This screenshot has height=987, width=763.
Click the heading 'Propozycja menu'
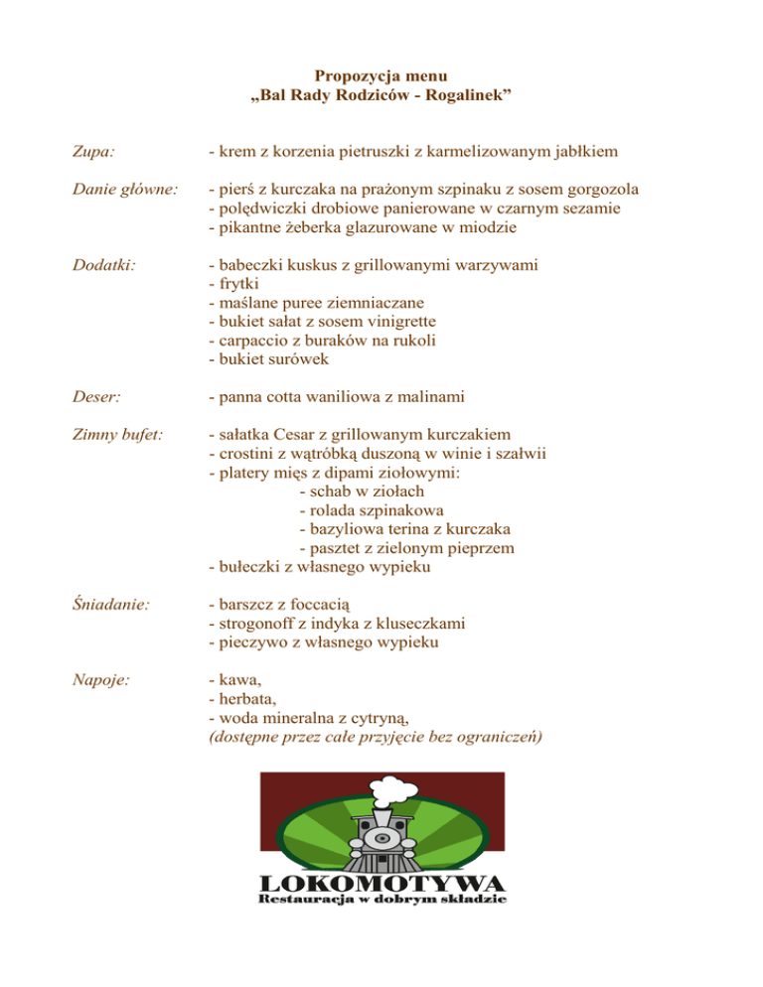[x=381, y=75]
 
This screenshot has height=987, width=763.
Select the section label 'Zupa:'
[x=91, y=152]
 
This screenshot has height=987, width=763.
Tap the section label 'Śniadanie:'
[x=110, y=603]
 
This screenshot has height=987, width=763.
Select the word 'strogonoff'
[x=256, y=623]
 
